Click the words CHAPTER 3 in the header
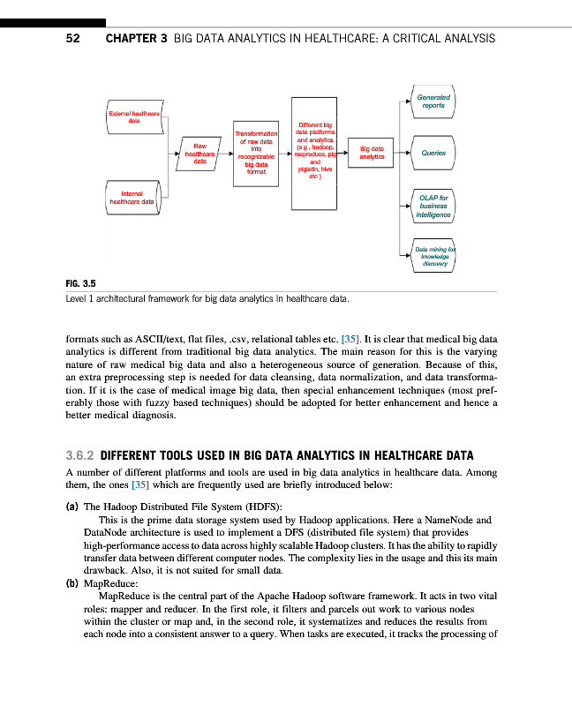click(136, 39)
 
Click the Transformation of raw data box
click(255, 154)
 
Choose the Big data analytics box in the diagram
click(372, 154)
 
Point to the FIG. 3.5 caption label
click(80, 283)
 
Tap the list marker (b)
click(71, 582)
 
